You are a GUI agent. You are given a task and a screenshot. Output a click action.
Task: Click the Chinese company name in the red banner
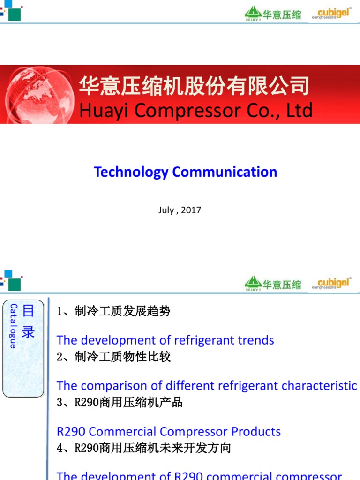click(194, 86)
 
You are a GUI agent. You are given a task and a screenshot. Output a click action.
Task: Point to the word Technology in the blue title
click(131, 172)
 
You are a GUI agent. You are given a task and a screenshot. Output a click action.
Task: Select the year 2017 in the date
click(191, 210)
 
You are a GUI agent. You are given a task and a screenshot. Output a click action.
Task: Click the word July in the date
click(166, 210)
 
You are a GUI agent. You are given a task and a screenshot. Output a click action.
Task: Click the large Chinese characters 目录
click(29, 322)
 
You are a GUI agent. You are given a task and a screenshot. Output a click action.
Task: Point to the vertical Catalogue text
click(13, 326)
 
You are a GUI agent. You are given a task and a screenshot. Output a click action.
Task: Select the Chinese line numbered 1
click(113, 311)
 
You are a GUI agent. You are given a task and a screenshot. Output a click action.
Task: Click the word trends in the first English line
click(254, 340)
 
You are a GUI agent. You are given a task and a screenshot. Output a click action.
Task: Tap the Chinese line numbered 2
click(113, 357)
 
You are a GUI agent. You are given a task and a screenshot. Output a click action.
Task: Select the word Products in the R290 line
click(256, 431)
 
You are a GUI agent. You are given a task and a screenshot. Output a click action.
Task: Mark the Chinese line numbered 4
click(143, 448)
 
